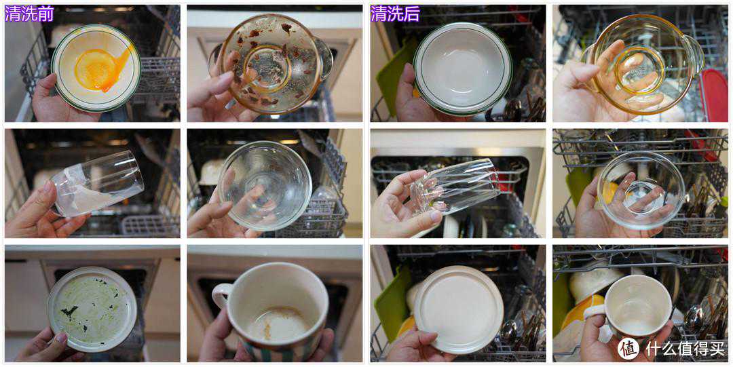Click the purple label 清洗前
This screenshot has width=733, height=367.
pos(29,14)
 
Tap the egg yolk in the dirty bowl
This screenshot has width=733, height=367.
pos(98,69)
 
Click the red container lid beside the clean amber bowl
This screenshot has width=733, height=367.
pos(713,95)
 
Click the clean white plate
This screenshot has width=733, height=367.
pos(458,309)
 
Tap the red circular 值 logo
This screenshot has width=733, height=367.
pos(628,348)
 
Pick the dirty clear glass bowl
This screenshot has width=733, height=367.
pos(265,186)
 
